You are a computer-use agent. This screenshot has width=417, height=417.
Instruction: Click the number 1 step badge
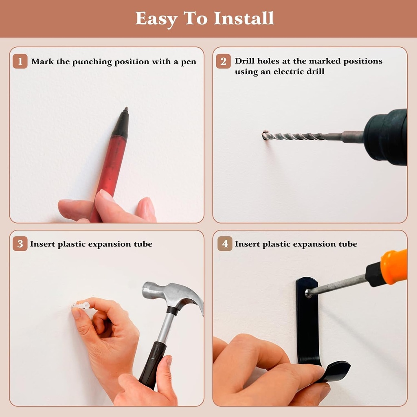(20, 61)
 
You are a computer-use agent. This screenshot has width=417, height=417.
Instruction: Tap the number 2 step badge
(224, 61)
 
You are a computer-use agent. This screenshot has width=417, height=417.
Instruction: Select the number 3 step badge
(20, 244)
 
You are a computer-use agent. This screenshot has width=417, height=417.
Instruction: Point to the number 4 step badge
(225, 244)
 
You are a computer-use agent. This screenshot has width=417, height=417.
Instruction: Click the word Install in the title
(244, 18)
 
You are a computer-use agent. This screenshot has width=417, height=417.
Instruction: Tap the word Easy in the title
(156, 19)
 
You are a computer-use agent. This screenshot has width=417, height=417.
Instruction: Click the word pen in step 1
(189, 62)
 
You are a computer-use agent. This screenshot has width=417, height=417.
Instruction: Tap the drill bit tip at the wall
(265, 135)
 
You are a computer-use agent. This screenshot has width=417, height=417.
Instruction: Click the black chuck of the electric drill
(386, 137)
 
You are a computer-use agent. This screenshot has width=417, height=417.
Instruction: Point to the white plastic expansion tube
(80, 305)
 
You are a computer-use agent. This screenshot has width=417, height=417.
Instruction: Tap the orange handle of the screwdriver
(394, 266)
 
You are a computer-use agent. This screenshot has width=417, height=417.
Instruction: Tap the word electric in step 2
(290, 72)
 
